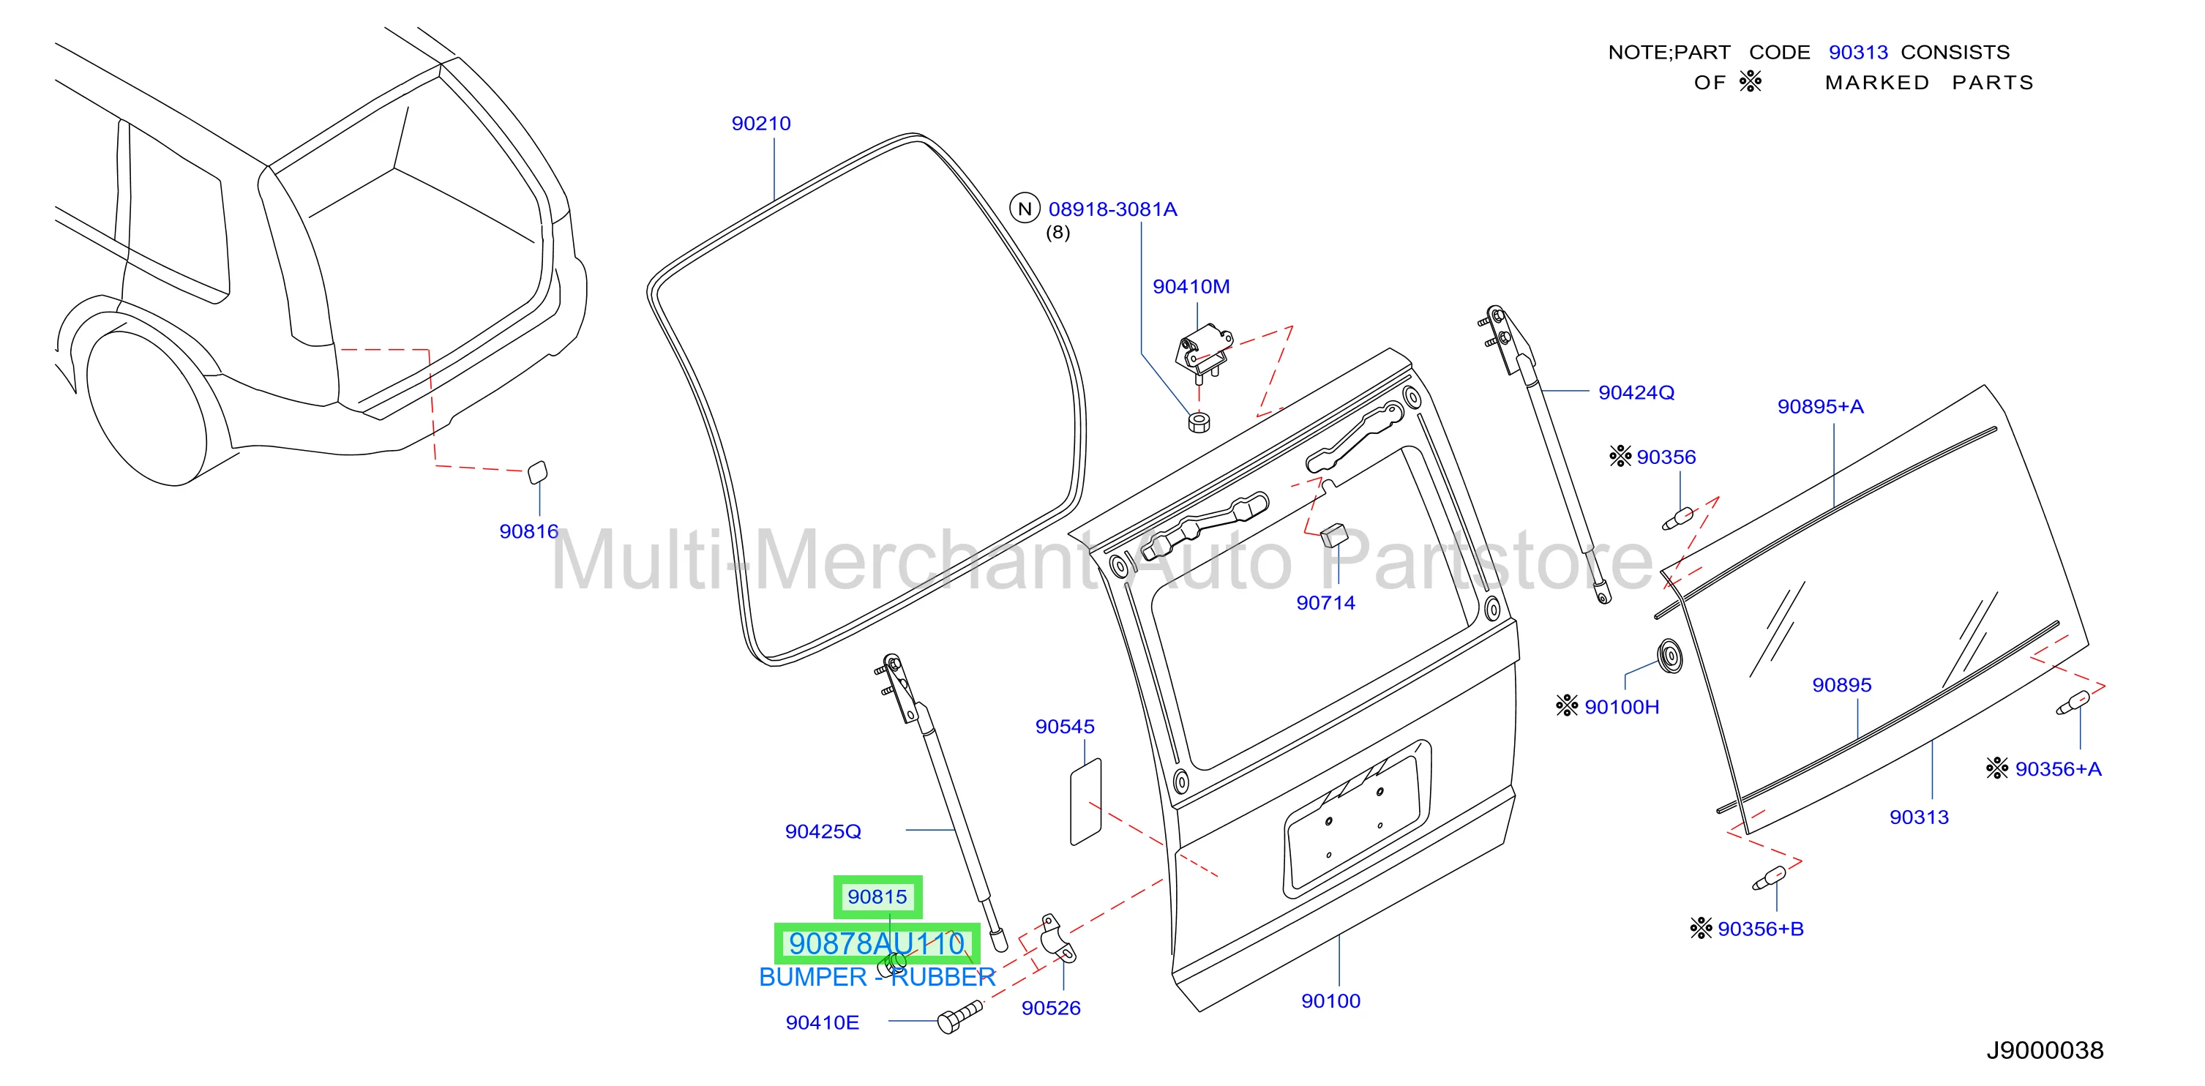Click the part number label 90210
tap(761, 123)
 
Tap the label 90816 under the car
tap(529, 531)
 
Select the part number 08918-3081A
tap(1113, 209)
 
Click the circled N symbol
tap(1025, 208)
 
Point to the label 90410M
tap(1191, 287)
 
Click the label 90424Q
tap(1636, 393)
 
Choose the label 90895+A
tap(1820, 406)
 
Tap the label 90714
tap(1325, 602)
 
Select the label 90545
tap(1065, 727)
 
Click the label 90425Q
tap(823, 831)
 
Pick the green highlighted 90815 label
tap(877, 897)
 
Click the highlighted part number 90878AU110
tap(877, 943)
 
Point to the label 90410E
tap(822, 1022)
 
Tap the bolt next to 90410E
tap(959, 1016)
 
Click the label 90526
tap(1050, 1008)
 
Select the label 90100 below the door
tap(1330, 1001)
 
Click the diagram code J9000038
tap(2044, 1050)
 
